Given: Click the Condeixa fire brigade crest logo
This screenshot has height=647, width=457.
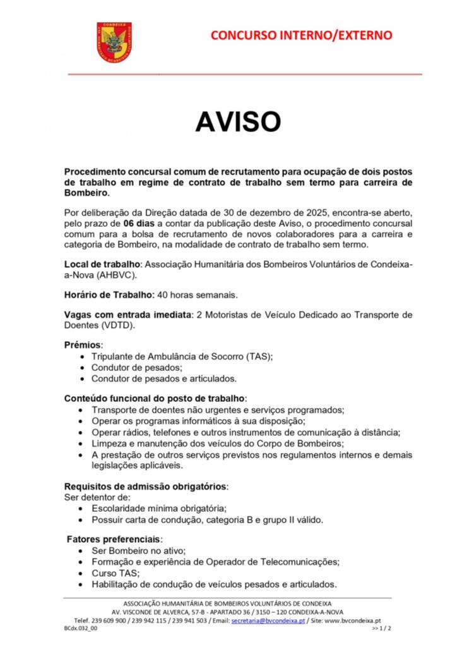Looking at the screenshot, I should point(114,42).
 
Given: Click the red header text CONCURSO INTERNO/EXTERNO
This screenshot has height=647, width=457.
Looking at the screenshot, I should point(301,35).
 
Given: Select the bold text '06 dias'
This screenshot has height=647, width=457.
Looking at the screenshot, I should point(138,224).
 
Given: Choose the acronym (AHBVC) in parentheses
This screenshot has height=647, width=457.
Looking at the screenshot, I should point(114,275).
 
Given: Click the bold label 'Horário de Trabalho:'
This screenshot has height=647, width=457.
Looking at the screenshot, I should point(109,294).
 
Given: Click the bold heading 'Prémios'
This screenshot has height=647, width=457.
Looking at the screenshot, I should point(82,346).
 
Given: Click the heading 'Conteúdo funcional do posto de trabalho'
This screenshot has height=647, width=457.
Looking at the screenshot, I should point(154,399).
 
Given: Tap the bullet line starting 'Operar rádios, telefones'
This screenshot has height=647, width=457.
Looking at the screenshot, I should point(246,432).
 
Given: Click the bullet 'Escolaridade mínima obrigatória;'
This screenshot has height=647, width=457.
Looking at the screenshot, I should point(158,508).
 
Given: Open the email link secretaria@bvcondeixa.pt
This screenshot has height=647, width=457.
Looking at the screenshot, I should point(268,620).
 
